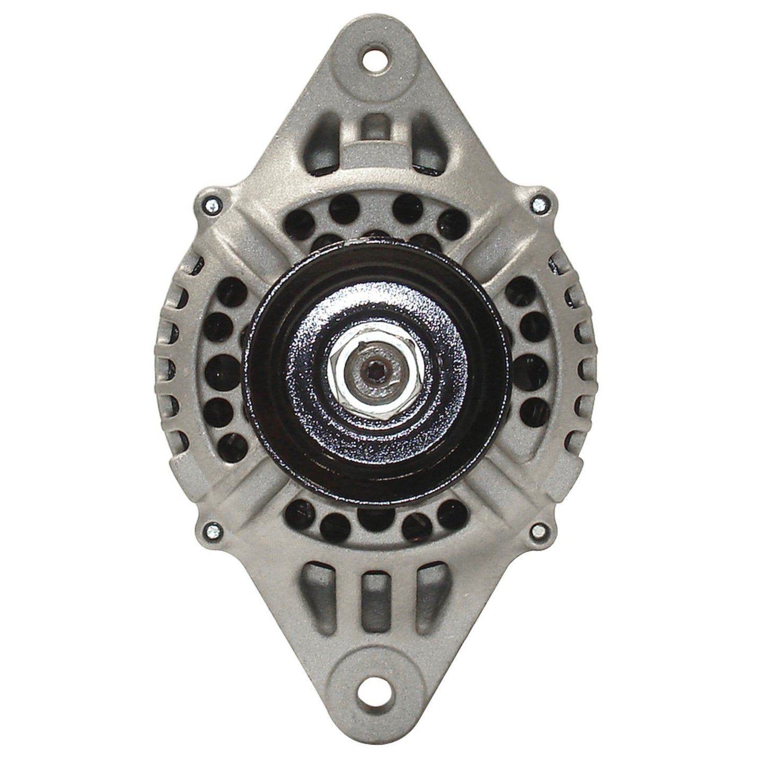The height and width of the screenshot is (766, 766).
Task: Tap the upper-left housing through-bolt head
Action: (x=211, y=202)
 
